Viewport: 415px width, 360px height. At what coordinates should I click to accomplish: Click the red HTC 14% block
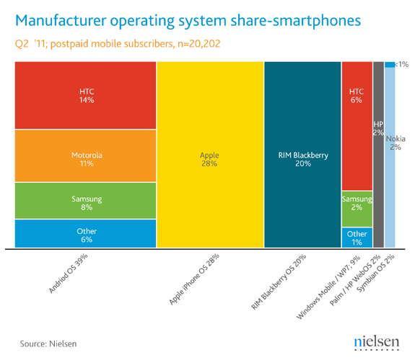(86, 96)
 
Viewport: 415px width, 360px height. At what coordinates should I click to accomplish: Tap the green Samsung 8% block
(86, 201)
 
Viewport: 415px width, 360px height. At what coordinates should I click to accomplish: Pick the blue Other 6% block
(86, 234)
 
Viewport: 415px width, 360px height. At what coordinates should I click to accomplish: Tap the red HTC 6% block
(357, 126)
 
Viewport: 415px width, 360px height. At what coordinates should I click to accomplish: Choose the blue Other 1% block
(357, 238)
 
